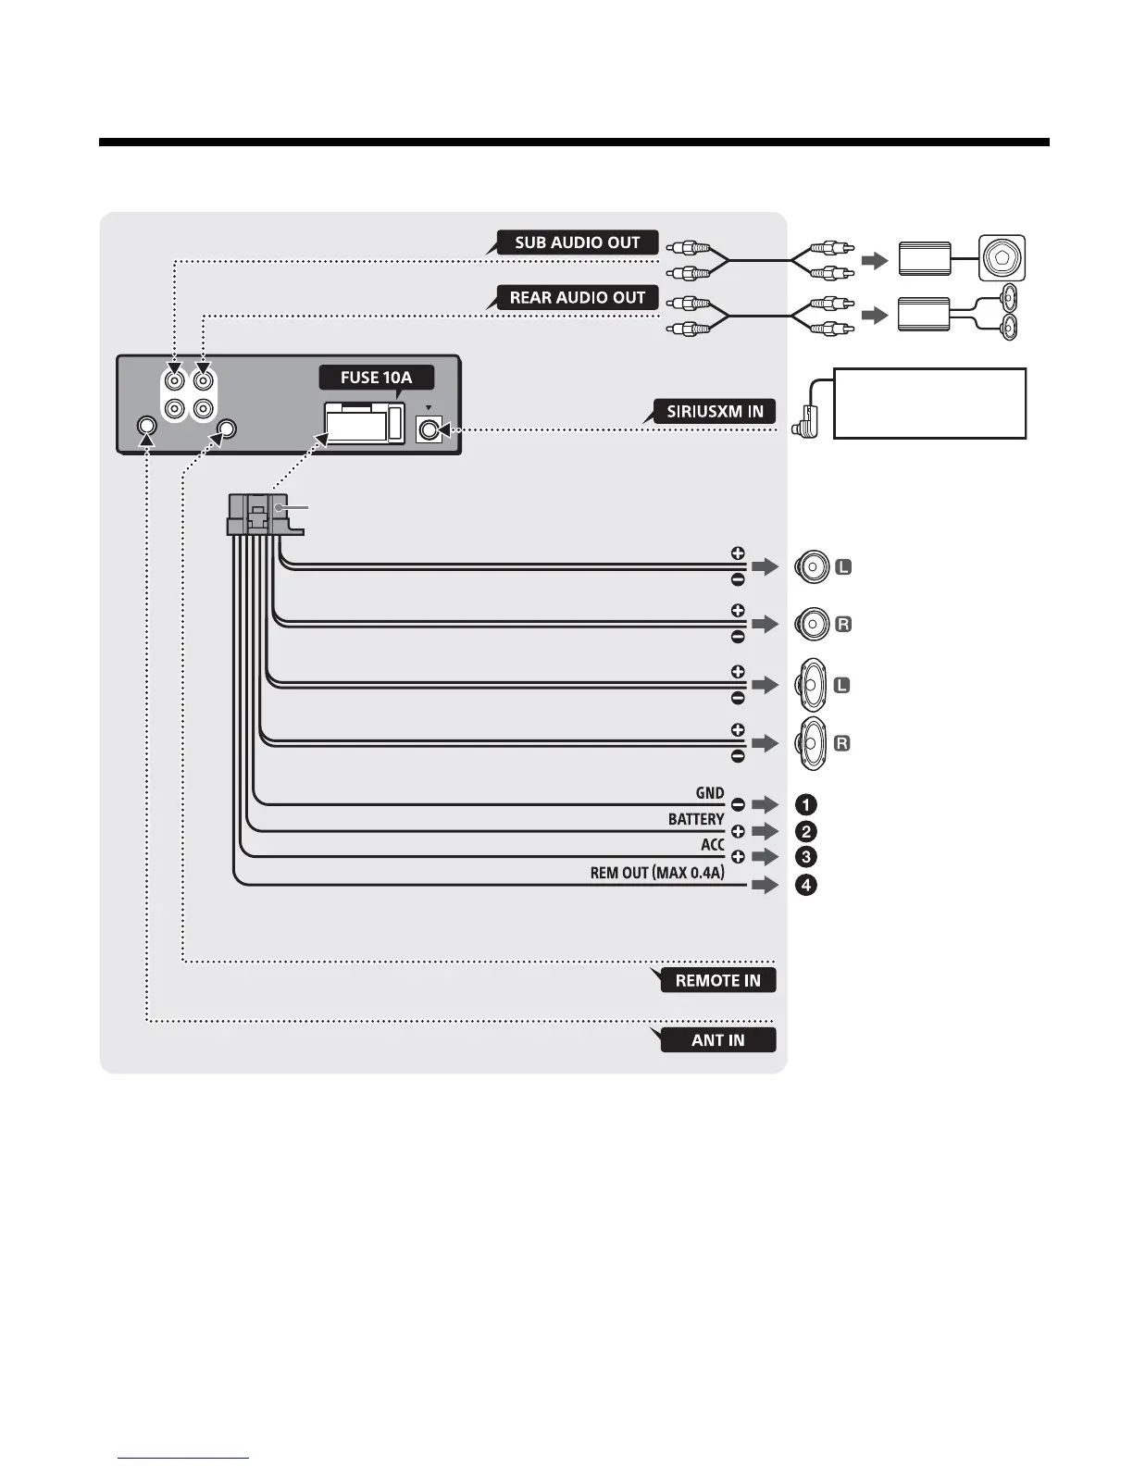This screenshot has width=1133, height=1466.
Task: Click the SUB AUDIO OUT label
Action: click(x=577, y=242)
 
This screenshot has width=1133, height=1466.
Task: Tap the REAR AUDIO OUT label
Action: click(x=577, y=298)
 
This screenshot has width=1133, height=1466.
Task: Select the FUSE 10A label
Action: click(x=376, y=378)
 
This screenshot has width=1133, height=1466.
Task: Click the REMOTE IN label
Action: click(x=717, y=980)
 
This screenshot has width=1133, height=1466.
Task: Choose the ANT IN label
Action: click(x=717, y=1040)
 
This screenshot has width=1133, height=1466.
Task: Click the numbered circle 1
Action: click(x=806, y=804)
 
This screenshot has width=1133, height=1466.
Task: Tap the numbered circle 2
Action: click(x=806, y=831)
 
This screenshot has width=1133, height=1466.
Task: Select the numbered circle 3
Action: click(x=806, y=857)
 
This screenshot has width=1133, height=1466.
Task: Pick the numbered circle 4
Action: click(x=806, y=885)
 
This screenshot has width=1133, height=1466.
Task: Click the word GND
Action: click(x=710, y=793)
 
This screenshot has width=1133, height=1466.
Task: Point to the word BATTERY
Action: click(x=696, y=819)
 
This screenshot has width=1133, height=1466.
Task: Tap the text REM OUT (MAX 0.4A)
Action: click(x=657, y=873)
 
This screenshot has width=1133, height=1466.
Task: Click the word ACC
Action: click(x=712, y=845)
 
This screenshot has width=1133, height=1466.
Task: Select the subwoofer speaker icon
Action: click(x=1002, y=259)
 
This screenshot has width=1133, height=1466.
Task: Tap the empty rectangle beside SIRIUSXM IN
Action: click(x=929, y=403)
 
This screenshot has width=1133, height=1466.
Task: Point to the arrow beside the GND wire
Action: click(x=766, y=804)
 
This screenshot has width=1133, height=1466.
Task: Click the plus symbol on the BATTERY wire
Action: click(x=738, y=831)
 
